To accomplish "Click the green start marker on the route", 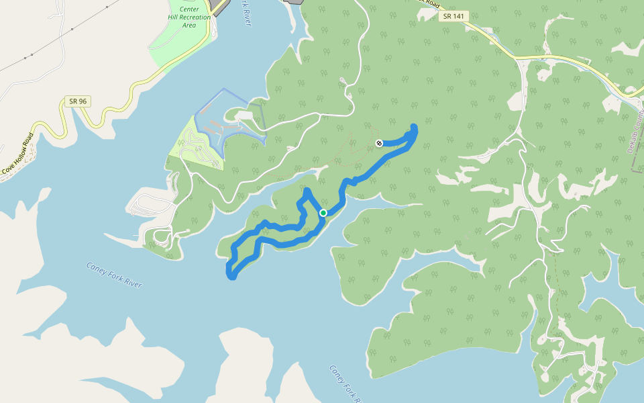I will (x=323, y=213).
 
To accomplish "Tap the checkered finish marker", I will (x=379, y=143).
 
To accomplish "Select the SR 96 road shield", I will (x=78, y=101).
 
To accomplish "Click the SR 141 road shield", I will (x=453, y=16).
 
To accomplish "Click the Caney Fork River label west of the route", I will (x=114, y=275).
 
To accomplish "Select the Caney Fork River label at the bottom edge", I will (x=345, y=384).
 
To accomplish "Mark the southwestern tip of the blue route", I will (x=231, y=275).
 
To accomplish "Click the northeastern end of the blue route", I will (x=413, y=127).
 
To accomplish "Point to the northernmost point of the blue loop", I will (x=307, y=191).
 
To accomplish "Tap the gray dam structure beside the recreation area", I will (x=219, y=7).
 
